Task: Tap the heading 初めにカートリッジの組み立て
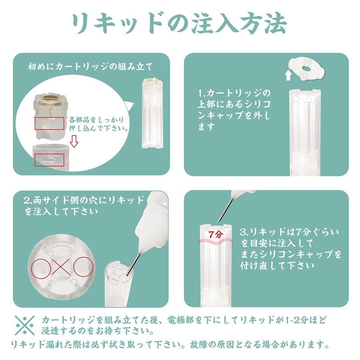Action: pos(90,67)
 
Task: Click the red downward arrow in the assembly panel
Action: pos(74,141)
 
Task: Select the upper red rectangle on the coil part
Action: pos(49,123)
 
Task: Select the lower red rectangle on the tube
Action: pos(49,160)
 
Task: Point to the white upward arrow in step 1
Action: pos(288,76)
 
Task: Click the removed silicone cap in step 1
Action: pos(307,69)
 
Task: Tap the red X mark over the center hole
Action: pos(61,266)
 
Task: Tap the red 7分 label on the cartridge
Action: pos(216,234)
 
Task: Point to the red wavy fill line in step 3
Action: pos(216,241)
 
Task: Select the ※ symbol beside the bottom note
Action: pos(25,325)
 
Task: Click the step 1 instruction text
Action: pos(234,110)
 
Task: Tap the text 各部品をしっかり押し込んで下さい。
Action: pos(98,124)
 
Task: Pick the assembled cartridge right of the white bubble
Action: pos(153,113)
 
